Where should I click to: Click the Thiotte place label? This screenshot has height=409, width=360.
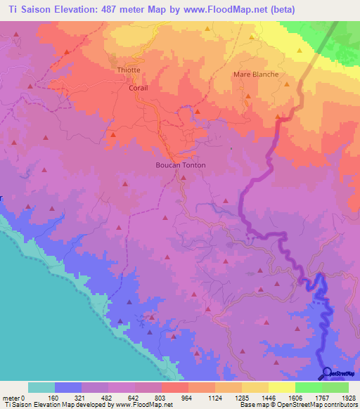128,70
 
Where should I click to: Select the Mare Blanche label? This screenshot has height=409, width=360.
255,74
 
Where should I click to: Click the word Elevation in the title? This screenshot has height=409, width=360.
75,9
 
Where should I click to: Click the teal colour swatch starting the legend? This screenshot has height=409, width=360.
41,387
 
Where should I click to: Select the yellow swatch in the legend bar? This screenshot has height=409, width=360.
281,387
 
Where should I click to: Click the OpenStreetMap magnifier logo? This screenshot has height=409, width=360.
326,373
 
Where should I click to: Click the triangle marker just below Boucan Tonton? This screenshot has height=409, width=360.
183,178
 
